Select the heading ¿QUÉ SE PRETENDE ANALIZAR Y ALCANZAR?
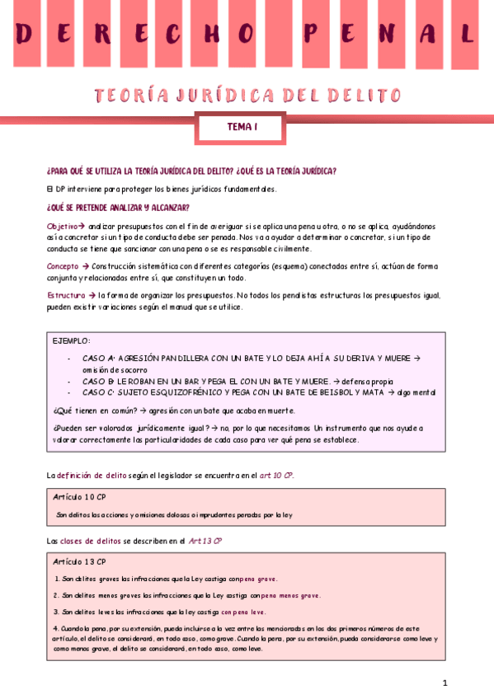tap(118, 208)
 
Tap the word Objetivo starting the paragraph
tap(63, 226)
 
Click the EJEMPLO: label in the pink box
tap(72, 340)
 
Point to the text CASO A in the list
tap(99, 359)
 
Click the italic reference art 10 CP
tap(276, 476)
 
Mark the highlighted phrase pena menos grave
tap(292, 595)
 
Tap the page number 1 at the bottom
tap(445, 683)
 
